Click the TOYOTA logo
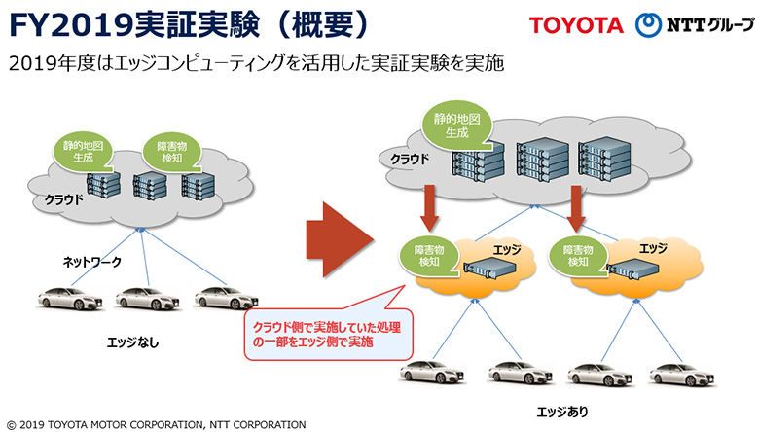pyautogui.click(x=575, y=25)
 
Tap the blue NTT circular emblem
pyautogui.click(x=648, y=24)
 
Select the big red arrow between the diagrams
pyautogui.click(x=340, y=239)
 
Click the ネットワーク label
pyautogui.click(x=92, y=262)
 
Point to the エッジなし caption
pyautogui.click(x=132, y=342)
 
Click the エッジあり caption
pyautogui.click(x=562, y=412)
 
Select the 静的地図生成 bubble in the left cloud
pyautogui.click(x=83, y=152)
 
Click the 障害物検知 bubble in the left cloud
pyautogui.click(x=172, y=153)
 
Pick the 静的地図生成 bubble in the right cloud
pyautogui.click(x=456, y=126)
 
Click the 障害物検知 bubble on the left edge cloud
pyautogui.click(x=429, y=256)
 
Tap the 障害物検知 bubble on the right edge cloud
pyautogui.click(x=578, y=256)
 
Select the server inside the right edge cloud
pyautogui.click(x=632, y=268)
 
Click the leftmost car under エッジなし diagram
pyautogui.click(x=71, y=298)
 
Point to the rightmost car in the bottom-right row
pyautogui.click(x=683, y=374)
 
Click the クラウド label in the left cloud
pyautogui.click(x=63, y=199)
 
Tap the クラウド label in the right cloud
pyautogui.click(x=410, y=159)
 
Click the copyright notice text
pyautogui.click(x=157, y=425)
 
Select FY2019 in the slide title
pyautogui.click(x=71, y=25)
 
